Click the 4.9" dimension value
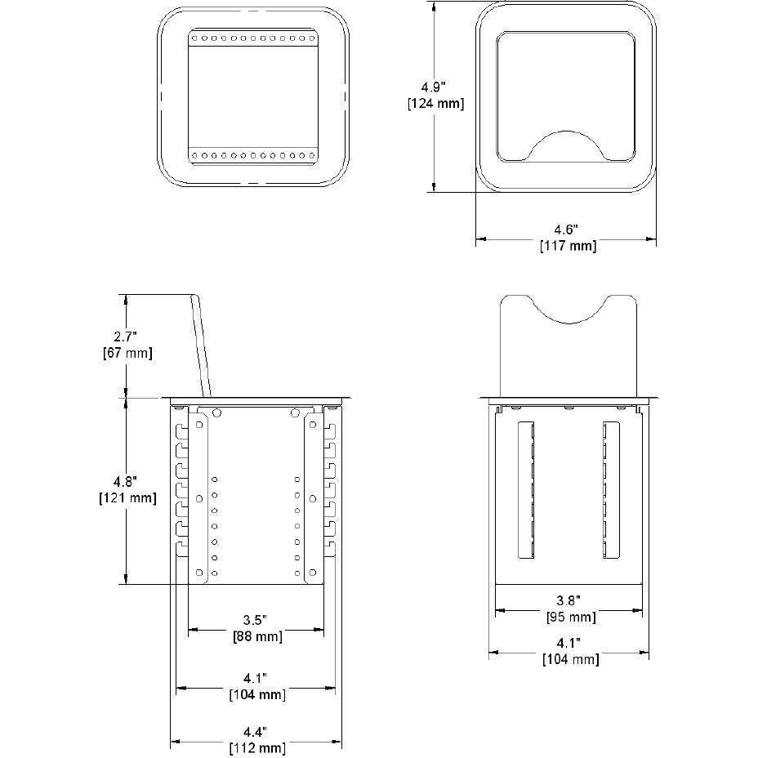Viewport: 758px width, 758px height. click(x=433, y=87)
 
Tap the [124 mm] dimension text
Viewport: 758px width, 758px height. click(x=435, y=104)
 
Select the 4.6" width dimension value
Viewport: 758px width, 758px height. click(x=565, y=230)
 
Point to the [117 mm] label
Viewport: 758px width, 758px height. click(x=568, y=246)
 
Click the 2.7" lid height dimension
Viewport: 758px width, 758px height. click(x=126, y=337)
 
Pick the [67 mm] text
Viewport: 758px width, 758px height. click(x=127, y=353)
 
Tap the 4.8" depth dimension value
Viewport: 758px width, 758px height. click(x=125, y=481)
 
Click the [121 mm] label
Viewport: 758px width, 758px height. click(x=127, y=498)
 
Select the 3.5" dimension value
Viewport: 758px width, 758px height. click(x=255, y=620)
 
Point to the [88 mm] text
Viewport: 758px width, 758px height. click(x=257, y=636)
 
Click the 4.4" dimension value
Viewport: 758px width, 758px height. click(x=255, y=731)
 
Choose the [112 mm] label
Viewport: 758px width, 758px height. click(x=257, y=747)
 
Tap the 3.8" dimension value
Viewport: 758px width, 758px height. click(x=568, y=600)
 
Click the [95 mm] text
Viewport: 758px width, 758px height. click(x=571, y=617)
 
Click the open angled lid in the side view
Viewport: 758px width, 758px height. click(x=201, y=346)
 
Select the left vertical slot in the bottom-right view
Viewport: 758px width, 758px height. click(x=526, y=490)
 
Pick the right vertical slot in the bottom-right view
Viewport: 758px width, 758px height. click(x=611, y=490)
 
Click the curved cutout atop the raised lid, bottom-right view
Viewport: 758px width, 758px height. click(x=568, y=310)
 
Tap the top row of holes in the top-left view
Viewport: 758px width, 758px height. click(x=252, y=38)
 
